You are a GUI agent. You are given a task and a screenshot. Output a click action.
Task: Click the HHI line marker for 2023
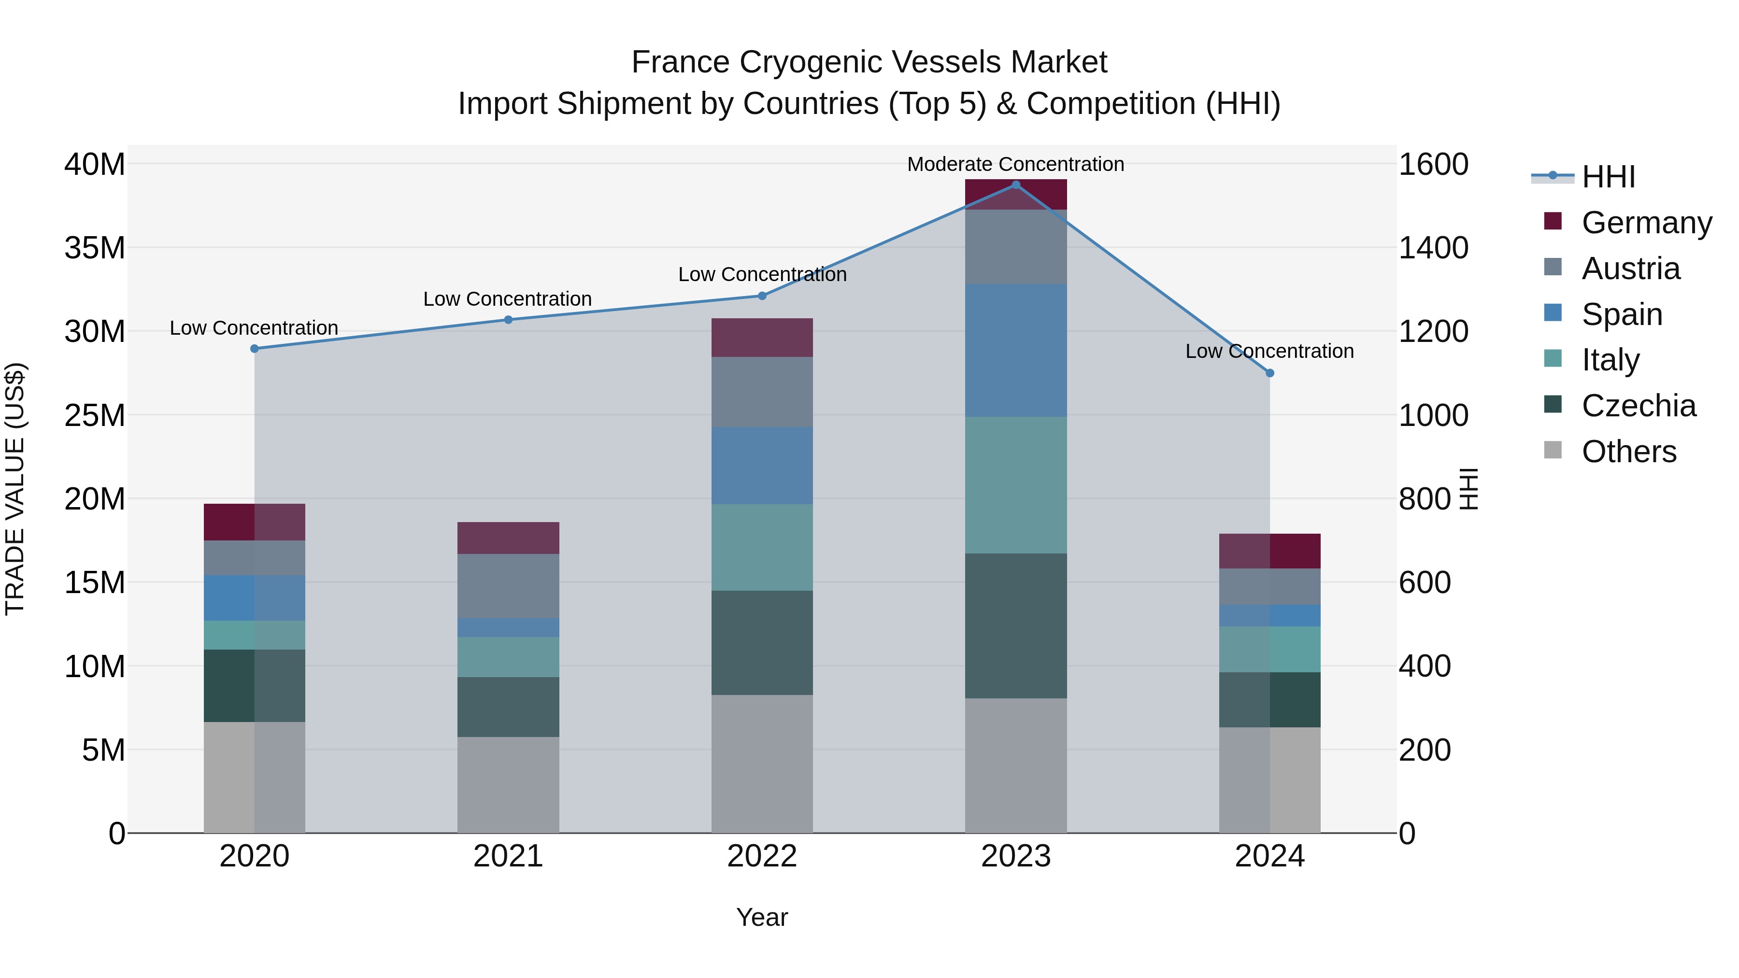(1015, 185)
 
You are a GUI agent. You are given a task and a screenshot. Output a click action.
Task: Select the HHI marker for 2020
(255, 349)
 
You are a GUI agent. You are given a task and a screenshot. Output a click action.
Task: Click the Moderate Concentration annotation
(1015, 164)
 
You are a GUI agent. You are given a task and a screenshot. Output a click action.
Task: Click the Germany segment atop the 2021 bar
(508, 538)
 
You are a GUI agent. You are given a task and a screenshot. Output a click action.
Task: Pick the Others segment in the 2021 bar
(508, 784)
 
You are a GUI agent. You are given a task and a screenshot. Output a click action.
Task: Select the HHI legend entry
(1608, 177)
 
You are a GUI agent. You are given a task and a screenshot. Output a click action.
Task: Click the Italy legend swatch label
(1610, 360)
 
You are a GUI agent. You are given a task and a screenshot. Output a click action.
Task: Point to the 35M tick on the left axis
(95, 248)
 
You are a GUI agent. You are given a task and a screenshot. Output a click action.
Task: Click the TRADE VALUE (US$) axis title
(15, 489)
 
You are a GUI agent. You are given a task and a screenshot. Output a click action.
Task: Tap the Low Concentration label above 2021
(507, 299)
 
